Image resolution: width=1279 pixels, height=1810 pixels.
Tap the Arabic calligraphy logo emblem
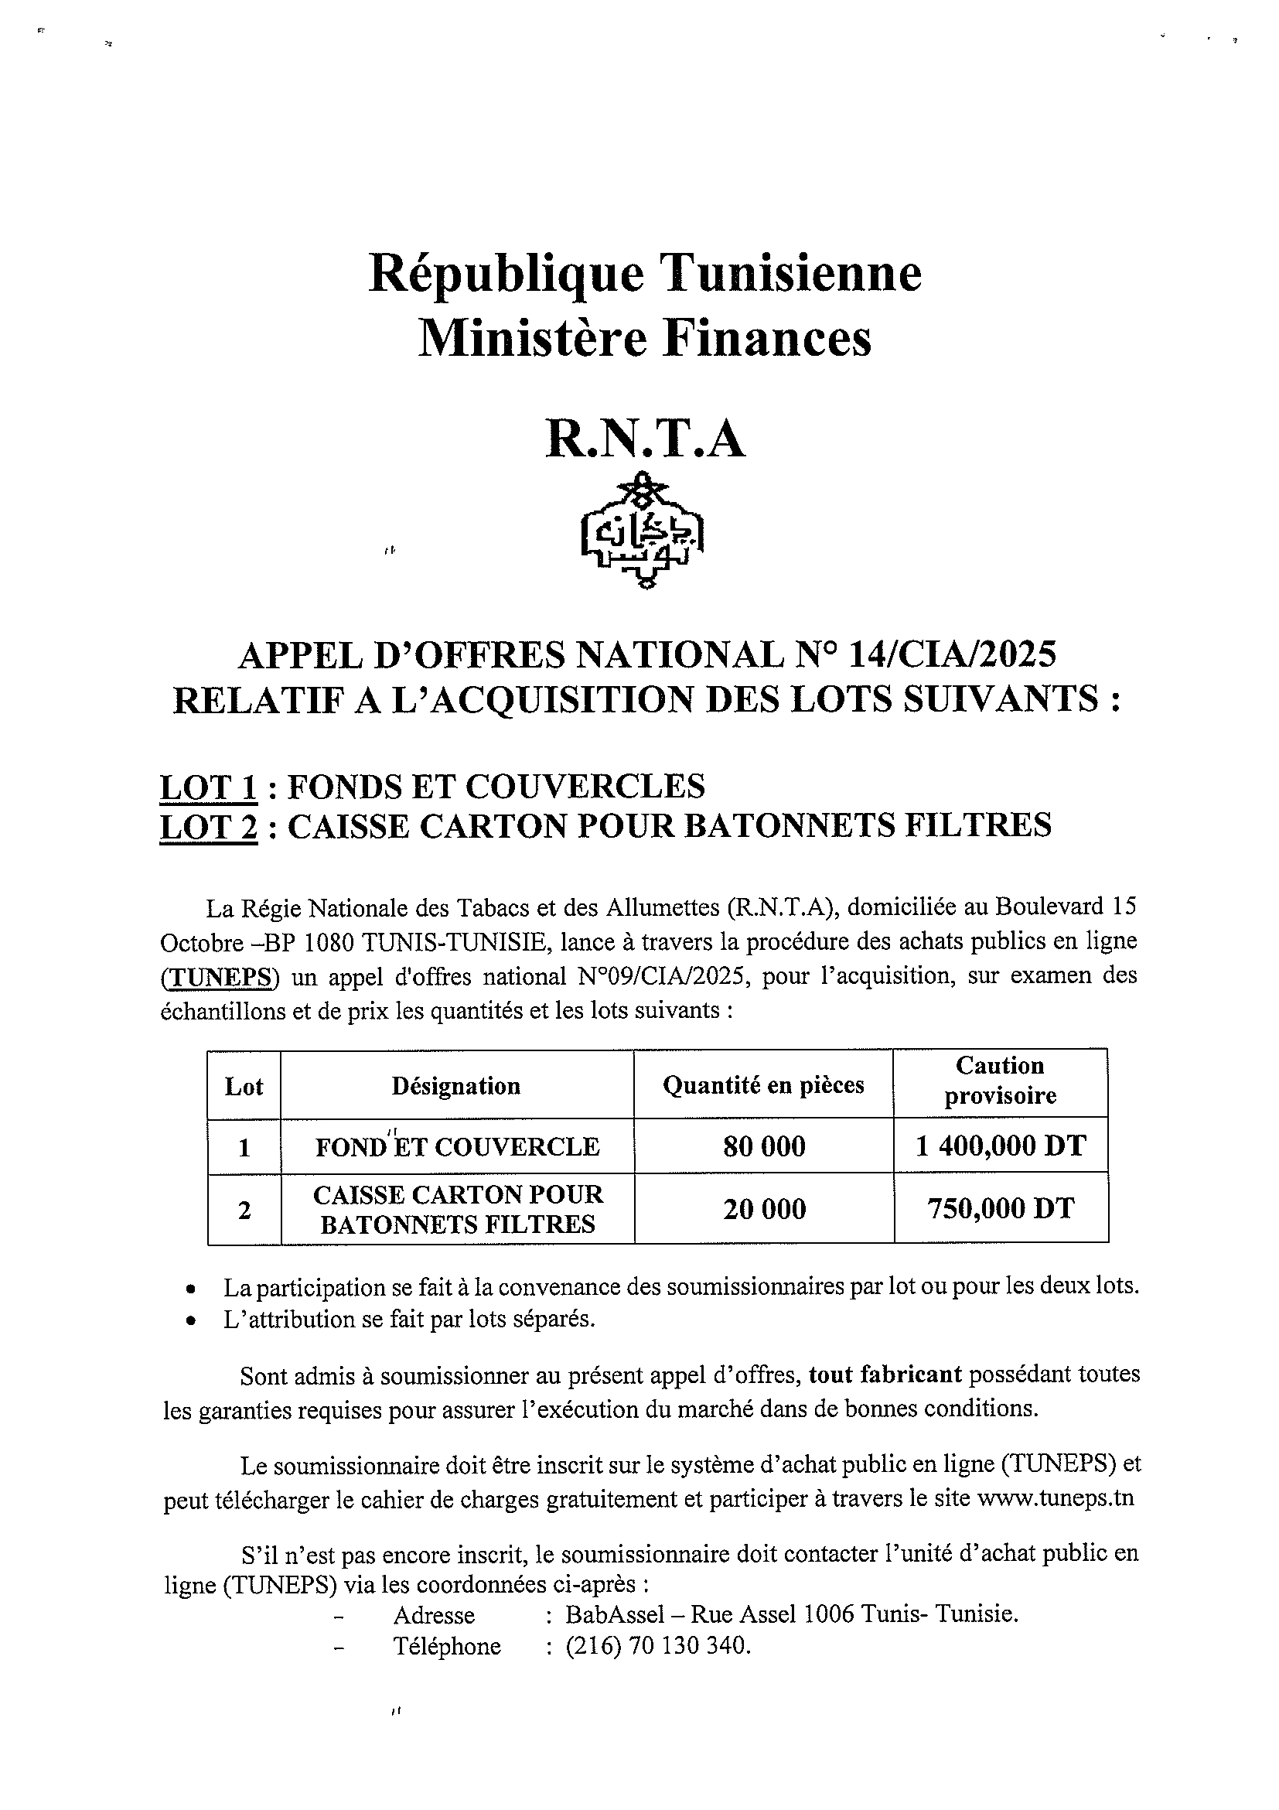(x=643, y=531)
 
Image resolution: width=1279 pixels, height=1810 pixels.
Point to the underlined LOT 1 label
(x=208, y=787)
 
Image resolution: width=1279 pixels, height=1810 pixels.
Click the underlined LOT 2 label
(x=208, y=826)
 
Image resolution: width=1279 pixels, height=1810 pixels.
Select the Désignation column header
(x=455, y=1086)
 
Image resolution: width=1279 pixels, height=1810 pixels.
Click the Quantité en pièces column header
(x=762, y=1085)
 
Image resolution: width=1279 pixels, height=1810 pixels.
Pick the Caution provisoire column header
(x=1000, y=1080)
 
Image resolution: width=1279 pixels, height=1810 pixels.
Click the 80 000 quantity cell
(x=764, y=1146)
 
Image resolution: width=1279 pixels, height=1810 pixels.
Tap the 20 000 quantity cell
(x=764, y=1209)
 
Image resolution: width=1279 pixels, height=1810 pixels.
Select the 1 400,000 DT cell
(x=1000, y=1146)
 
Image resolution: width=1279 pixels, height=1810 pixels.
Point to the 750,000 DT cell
(x=1000, y=1208)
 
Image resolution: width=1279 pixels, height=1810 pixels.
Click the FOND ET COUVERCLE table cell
(x=457, y=1147)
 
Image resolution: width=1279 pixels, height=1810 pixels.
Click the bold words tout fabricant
(x=884, y=1374)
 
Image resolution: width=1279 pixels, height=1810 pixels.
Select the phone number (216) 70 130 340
(x=657, y=1646)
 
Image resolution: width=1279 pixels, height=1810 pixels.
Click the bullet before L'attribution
(x=190, y=1320)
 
